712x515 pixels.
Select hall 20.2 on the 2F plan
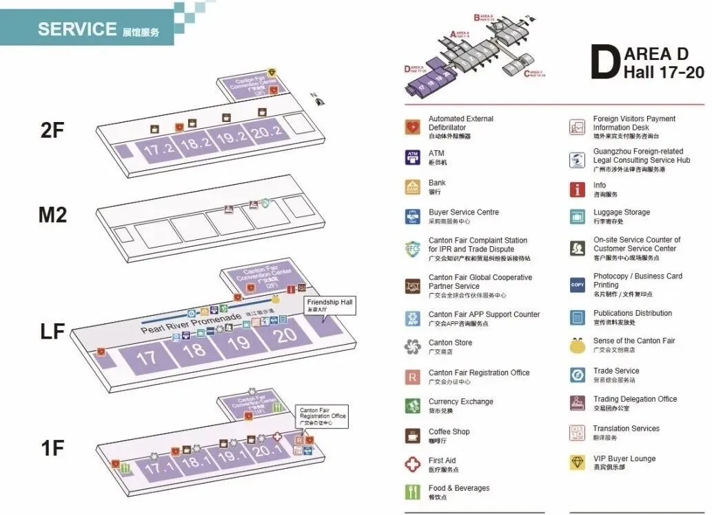coord(267,132)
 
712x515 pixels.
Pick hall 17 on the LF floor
coord(146,358)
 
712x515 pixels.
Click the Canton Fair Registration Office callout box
coord(323,416)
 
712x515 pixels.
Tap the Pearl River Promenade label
coord(191,322)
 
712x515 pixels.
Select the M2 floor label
coord(52,215)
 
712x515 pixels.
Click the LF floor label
coord(52,332)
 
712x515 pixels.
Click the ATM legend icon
coord(413,157)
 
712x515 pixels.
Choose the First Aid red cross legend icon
coord(413,465)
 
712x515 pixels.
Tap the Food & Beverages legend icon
coord(413,492)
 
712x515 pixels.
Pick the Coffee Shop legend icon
coord(413,436)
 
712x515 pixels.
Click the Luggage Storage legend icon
coord(578,216)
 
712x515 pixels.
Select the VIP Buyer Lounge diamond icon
coord(578,463)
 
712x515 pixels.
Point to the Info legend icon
coord(578,190)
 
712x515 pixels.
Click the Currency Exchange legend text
coord(460,402)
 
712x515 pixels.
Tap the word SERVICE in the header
coord(77,29)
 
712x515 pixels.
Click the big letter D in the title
coord(604,63)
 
